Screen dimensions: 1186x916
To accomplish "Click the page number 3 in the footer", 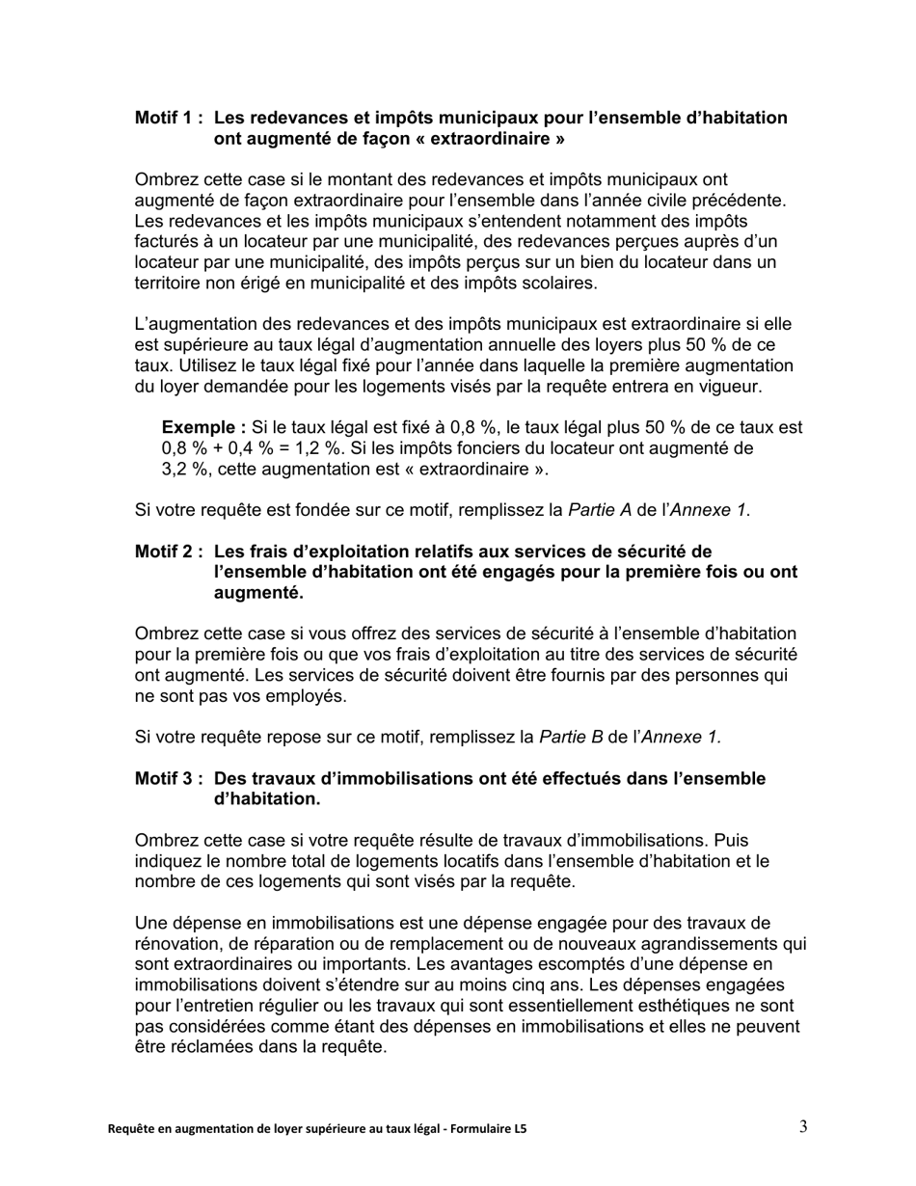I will [803, 1126].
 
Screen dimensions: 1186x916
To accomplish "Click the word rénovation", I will [175, 943].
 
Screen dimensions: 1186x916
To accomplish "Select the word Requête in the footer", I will [129, 1128].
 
